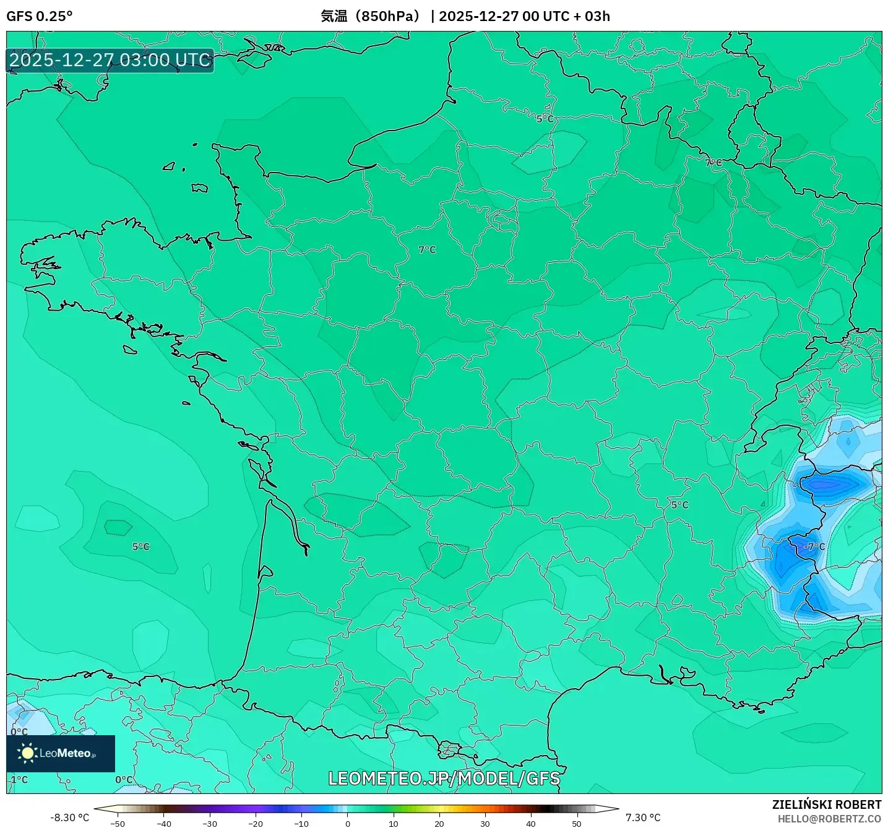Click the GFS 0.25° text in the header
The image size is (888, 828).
tap(39, 16)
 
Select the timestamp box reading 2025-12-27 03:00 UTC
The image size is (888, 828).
tap(110, 61)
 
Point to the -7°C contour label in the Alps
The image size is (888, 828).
tap(814, 546)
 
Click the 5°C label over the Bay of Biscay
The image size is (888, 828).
tap(141, 546)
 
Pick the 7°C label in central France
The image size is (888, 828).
tap(427, 250)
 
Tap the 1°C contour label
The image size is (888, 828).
tap(19, 780)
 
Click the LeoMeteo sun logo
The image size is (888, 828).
tap(27, 753)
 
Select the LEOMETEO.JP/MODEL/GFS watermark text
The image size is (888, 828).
tap(444, 778)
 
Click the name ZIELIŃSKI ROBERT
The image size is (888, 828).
tap(827, 804)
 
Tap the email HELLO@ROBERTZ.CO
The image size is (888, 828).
tap(829, 819)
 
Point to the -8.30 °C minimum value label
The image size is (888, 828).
tap(69, 817)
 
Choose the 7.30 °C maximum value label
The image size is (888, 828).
tap(643, 817)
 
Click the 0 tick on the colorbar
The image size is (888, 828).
tap(348, 824)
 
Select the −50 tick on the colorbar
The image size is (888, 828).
tap(117, 824)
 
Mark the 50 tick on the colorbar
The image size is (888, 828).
tap(577, 824)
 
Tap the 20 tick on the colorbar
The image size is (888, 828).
tap(439, 824)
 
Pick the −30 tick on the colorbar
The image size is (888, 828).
tap(210, 824)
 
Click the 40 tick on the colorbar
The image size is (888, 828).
tap(531, 824)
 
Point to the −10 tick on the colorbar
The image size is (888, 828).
tap(301, 824)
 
